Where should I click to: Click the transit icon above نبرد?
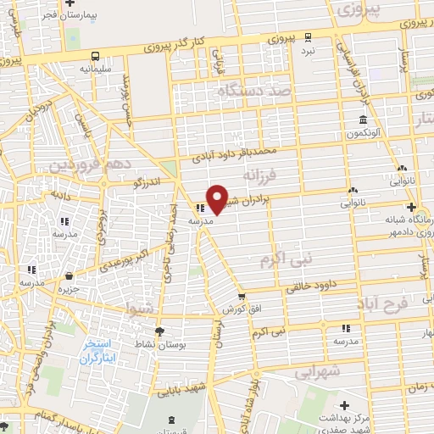click(308, 36)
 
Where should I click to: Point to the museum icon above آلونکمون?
click(363, 120)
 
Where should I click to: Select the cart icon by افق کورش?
click(242, 297)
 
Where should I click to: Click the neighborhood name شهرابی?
click(319, 370)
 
